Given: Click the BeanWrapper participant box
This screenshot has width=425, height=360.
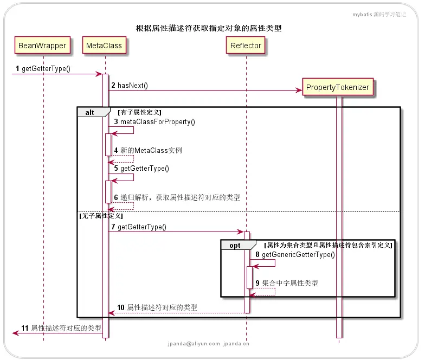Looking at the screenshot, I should coord(42,46).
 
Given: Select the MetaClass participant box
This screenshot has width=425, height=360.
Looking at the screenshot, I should coord(104,46).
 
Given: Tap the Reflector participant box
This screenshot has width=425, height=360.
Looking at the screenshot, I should coord(246,46).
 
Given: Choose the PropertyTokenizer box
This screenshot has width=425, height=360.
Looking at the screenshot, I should coord(337,87).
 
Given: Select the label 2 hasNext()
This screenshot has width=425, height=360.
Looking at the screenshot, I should coord(130,86).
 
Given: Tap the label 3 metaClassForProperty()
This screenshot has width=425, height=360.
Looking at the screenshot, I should coord(154,122).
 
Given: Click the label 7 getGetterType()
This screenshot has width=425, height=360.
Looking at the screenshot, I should coord(138,227).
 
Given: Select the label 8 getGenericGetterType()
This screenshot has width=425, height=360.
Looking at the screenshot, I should coord(295,254).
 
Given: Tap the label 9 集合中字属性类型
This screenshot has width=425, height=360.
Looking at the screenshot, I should coord(287,283).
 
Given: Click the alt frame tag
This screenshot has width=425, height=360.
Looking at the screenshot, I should coord(90,112).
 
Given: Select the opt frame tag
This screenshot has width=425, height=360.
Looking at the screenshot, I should coord(235,246).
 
